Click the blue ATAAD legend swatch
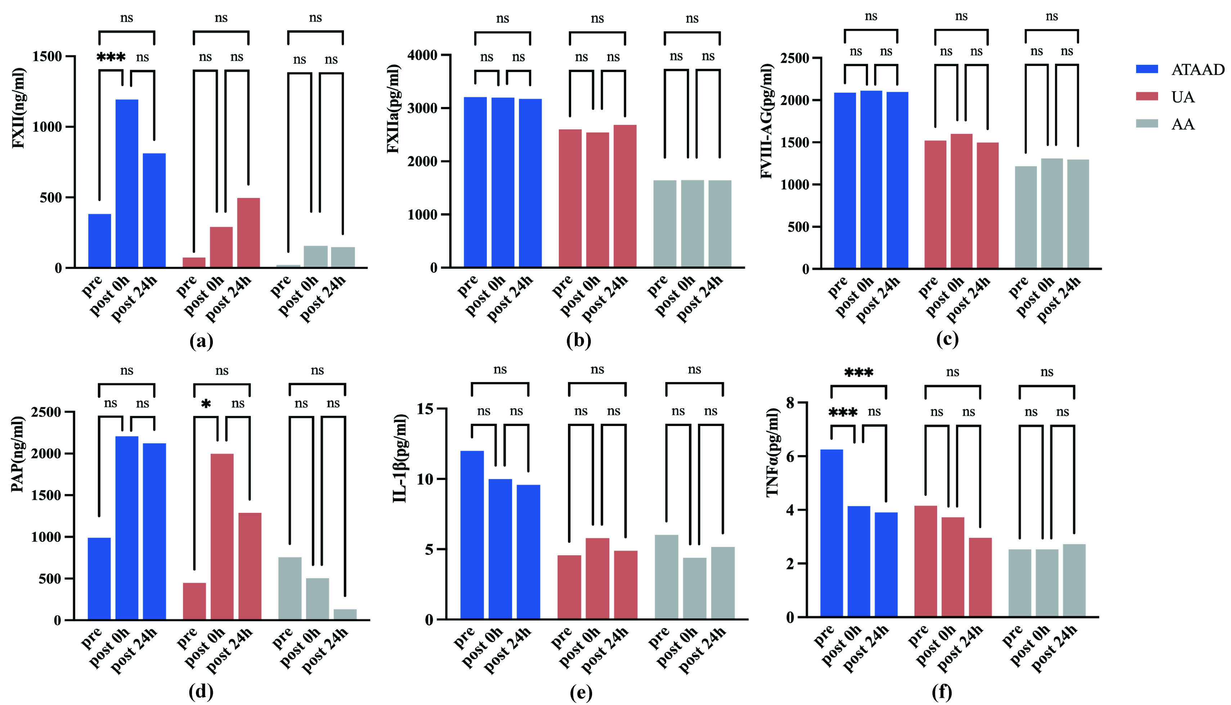coord(1146,69)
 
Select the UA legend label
coord(1183,97)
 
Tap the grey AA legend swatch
coord(1146,124)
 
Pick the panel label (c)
coord(947,340)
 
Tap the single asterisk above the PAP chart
coord(206,404)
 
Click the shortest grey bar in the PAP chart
coord(345,614)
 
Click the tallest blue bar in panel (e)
coord(472,535)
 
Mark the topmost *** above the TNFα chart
coord(858,373)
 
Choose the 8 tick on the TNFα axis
coord(790,403)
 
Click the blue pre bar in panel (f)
coord(832,533)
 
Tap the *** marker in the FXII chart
coord(111,58)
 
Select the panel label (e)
coord(581,693)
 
